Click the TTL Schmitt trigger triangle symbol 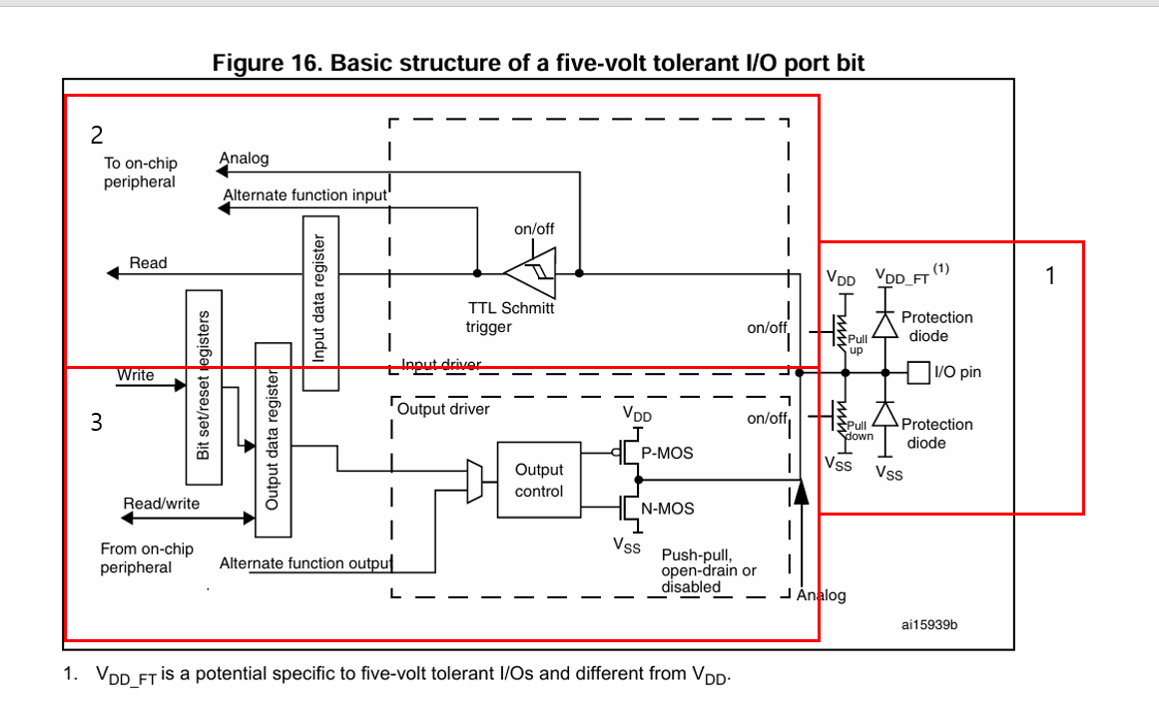click(529, 271)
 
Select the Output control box click(539, 481)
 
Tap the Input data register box click(318, 298)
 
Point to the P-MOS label click(667, 453)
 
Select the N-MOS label click(667, 509)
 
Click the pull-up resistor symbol click(842, 329)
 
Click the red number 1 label click(1049, 275)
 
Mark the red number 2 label click(97, 135)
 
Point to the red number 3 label click(96, 423)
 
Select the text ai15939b click(928, 624)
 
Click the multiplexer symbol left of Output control click(474, 481)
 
